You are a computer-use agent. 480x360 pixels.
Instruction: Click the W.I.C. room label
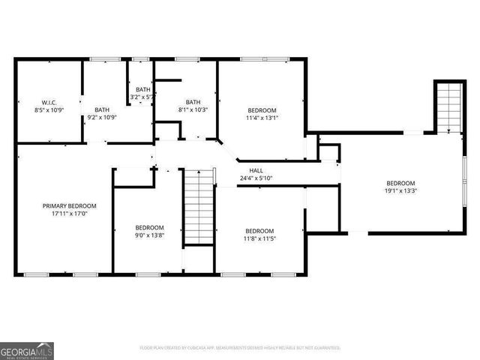tap(49, 102)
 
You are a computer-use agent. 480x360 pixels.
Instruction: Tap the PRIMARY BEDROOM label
tap(69, 205)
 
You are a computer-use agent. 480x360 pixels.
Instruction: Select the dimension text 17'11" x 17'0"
tap(69, 214)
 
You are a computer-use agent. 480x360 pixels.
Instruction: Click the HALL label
tap(256, 170)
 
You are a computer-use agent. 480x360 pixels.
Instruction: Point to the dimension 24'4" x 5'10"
tap(256, 178)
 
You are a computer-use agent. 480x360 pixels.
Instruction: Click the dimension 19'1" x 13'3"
tap(400, 191)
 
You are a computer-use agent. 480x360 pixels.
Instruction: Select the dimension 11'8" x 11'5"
tap(259, 238)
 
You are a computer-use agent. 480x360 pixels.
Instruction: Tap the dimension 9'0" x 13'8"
tap(148, 235)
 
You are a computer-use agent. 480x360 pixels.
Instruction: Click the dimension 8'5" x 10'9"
tap(49, 109)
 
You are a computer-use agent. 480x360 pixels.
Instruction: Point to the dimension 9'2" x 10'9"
tap(102, 117)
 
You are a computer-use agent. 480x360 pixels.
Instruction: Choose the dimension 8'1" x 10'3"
tap(193, 110)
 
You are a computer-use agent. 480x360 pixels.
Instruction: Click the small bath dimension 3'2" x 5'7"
tap(142, 97)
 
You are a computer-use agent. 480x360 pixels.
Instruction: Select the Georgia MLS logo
tap(26, 350)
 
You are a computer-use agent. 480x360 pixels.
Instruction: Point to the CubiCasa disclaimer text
tap(240, 348)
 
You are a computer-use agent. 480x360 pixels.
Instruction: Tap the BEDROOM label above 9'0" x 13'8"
tap(148, 228)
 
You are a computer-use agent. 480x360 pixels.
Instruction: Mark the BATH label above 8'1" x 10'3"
tap(193, 103)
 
